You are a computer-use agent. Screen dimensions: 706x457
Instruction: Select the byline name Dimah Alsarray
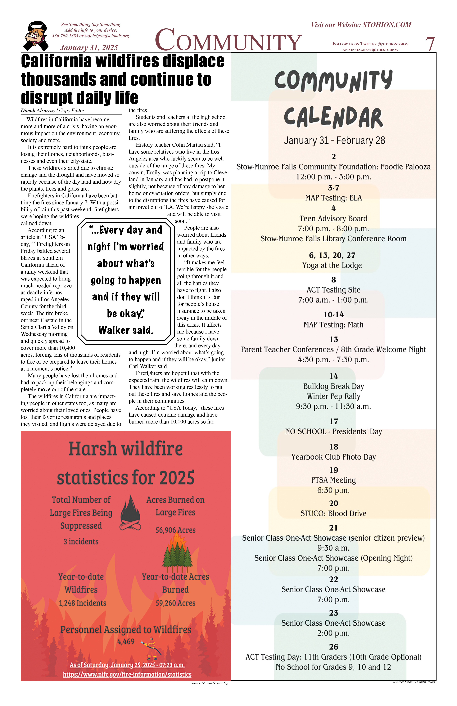point(38,110)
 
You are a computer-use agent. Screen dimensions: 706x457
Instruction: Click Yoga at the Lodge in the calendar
point(332,266)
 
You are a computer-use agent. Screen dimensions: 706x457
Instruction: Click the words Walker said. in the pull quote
point(126,330)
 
